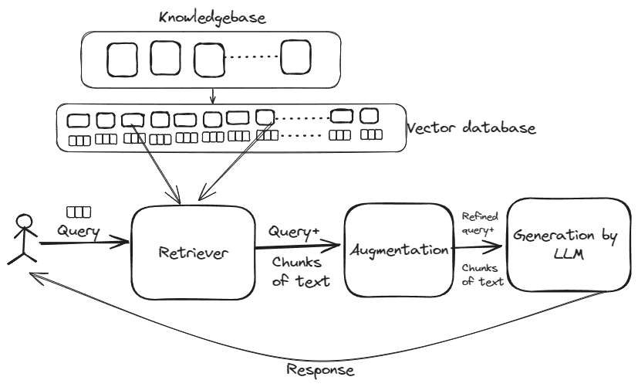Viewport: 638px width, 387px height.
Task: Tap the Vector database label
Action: (x=471, y=127)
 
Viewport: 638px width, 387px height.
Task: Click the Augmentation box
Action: (x=397, y=250)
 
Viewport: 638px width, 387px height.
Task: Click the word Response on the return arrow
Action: (x=320, y=369)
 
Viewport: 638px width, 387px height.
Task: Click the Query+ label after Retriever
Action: (x=293, y=231)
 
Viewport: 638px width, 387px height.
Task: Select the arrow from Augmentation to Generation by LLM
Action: (x=478, y=250)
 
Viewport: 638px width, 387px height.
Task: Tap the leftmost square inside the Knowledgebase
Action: (x=121, y=59)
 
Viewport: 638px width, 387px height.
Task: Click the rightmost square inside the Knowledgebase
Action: (x=297, y=59)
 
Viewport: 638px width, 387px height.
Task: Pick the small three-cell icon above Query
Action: (x=78, y=212)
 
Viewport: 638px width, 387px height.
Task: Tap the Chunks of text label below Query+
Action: (x=300, y=271)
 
